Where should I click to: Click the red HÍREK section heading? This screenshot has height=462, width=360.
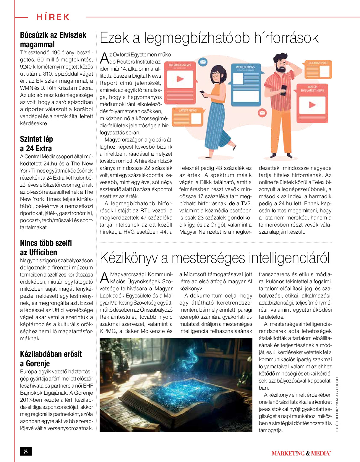click(53, 17)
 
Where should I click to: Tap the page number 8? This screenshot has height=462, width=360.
click(26, 451)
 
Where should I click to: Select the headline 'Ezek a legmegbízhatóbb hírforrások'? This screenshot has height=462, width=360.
click(209, 38)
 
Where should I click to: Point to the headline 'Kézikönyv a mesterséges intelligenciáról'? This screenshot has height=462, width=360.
click(215, 258)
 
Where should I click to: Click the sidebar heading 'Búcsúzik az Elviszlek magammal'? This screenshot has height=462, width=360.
click(53, 40)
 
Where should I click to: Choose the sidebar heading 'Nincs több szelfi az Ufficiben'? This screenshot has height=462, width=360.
click(46, 248)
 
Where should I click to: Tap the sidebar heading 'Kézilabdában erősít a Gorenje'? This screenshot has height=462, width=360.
click(51, 359)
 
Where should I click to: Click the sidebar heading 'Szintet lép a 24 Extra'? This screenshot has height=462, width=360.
click(36, 144)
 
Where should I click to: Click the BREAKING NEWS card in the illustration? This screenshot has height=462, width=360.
click(180, 78)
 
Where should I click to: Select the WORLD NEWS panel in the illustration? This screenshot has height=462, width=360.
click(245, 84)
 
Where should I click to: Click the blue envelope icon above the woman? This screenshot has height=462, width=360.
click(203, 62)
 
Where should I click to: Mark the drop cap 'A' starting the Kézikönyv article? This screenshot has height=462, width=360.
click(104, 278)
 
